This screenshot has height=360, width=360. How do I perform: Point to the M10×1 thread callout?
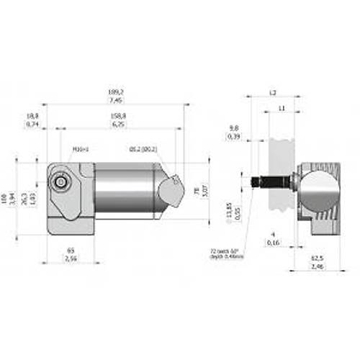(79, 149)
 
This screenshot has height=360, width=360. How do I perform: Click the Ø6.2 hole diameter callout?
(143, 149)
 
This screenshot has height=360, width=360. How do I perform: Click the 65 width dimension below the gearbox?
(70, 250)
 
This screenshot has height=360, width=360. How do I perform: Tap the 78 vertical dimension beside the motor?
(197, 191)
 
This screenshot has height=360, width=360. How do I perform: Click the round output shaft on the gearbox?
(61, 184)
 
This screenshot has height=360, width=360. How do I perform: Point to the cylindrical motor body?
(126, 190)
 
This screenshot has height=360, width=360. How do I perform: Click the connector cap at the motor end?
(170, 192)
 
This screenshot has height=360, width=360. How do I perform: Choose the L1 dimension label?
(282, 108)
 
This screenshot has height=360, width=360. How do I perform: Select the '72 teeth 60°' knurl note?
(225, 253)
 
